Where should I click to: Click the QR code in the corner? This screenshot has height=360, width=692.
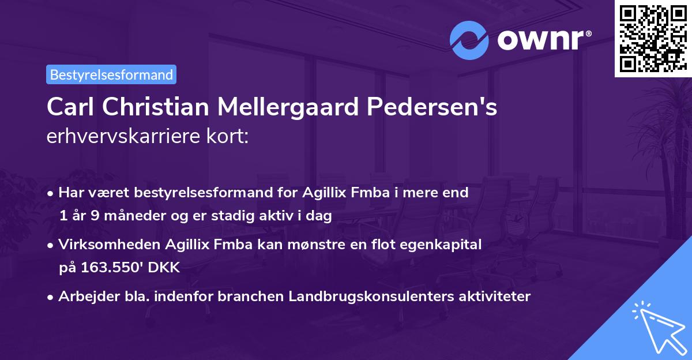pyautogui.click(x=653, y=38)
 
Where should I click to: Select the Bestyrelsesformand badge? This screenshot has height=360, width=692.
pyautogui.click(x=111, y=74)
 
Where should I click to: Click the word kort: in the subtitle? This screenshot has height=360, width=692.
pyautogui.click(x=230, y=137)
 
